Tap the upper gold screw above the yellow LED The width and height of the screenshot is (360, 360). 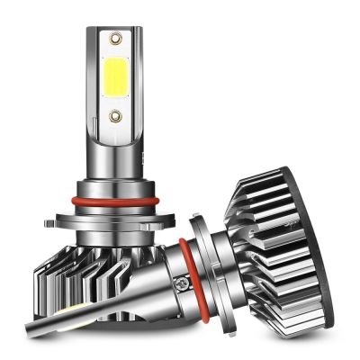114,39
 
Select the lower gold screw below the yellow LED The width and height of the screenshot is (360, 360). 114,115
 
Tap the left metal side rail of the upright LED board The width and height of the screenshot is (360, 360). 94,81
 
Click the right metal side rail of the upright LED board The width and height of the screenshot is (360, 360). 136,81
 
